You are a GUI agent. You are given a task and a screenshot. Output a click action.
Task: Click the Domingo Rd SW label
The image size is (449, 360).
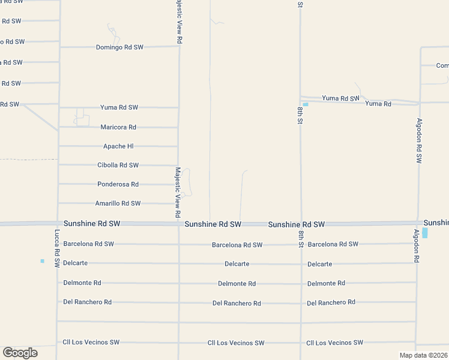[x=120, y=47]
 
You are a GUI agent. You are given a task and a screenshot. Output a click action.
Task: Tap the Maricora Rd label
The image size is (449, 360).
[x=118, y=127]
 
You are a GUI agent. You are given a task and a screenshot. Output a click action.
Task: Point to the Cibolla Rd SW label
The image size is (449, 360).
[x=118, y=165]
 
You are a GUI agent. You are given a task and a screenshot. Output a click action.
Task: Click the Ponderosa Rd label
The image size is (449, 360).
[x=118, y=184]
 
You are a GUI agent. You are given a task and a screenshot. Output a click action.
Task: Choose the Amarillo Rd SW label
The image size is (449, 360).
[x=118, y=203]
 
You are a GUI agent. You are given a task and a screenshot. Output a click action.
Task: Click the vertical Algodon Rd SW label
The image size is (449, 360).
[x=419, y=140]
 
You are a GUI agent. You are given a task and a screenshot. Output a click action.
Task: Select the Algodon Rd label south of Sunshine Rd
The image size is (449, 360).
[x=415, y=246]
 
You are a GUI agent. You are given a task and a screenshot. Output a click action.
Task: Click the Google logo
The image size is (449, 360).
[x=20, y=353]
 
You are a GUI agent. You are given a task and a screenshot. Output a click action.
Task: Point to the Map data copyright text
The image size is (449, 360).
[x=423, y=355]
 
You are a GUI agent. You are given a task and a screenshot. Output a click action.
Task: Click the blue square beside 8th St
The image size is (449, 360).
[x=306, y=105]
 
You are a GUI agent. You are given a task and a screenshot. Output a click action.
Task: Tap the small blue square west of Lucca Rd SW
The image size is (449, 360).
[x=42, y=261]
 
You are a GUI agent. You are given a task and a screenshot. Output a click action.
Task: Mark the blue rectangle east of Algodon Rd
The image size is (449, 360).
[x=425, y=233]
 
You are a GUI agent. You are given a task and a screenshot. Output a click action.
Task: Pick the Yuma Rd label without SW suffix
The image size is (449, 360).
[x=378, y=104]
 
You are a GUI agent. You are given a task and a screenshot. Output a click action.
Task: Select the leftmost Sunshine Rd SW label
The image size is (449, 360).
[x=92, y=223]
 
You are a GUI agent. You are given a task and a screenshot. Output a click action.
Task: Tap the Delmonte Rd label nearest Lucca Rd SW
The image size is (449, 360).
[x=82, y=282]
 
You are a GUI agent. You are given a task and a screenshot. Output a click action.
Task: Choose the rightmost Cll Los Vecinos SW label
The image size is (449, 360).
[x=334, y=343]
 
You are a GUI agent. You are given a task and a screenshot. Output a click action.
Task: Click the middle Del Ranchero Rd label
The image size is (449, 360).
[x=237, y=303]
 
